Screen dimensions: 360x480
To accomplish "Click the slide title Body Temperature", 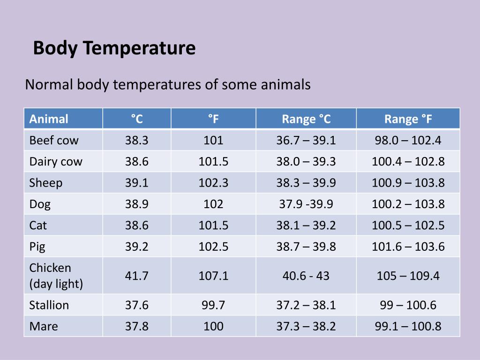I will (x=114, y=48).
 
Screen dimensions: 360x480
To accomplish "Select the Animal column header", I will (x=49, y=119).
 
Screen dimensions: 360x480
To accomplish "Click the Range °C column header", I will (x=306, y=119).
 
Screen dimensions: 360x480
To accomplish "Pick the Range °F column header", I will (x=408, y=119).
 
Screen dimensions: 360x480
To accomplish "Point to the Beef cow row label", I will (x=54, y=140).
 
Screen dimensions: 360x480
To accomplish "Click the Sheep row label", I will (x=45, y=183).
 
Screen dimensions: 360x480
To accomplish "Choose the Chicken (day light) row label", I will (x=56, y=276).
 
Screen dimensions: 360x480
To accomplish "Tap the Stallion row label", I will (x=49, y=305).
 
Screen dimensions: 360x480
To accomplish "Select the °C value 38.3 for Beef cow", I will (x=136, y=140).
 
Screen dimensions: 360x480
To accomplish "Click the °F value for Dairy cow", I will (x=213, y=162).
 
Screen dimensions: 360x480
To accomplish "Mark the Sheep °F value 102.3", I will (x=213, y=183).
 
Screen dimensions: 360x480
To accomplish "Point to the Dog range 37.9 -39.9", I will (x=306, y=204).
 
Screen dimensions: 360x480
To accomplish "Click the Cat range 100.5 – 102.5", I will (x=408, y=225).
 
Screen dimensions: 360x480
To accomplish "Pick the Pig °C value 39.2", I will (x=136, y=247).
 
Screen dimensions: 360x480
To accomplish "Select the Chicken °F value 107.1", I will (x=213, y=276).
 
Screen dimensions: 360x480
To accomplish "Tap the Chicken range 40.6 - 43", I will (x=306, y=276).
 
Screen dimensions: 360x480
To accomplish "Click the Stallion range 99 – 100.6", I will (x=408, y=305).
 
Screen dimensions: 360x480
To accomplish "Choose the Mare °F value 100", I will (x=213, y=326).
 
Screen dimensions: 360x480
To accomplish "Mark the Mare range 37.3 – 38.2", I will (x=306, y=326).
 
